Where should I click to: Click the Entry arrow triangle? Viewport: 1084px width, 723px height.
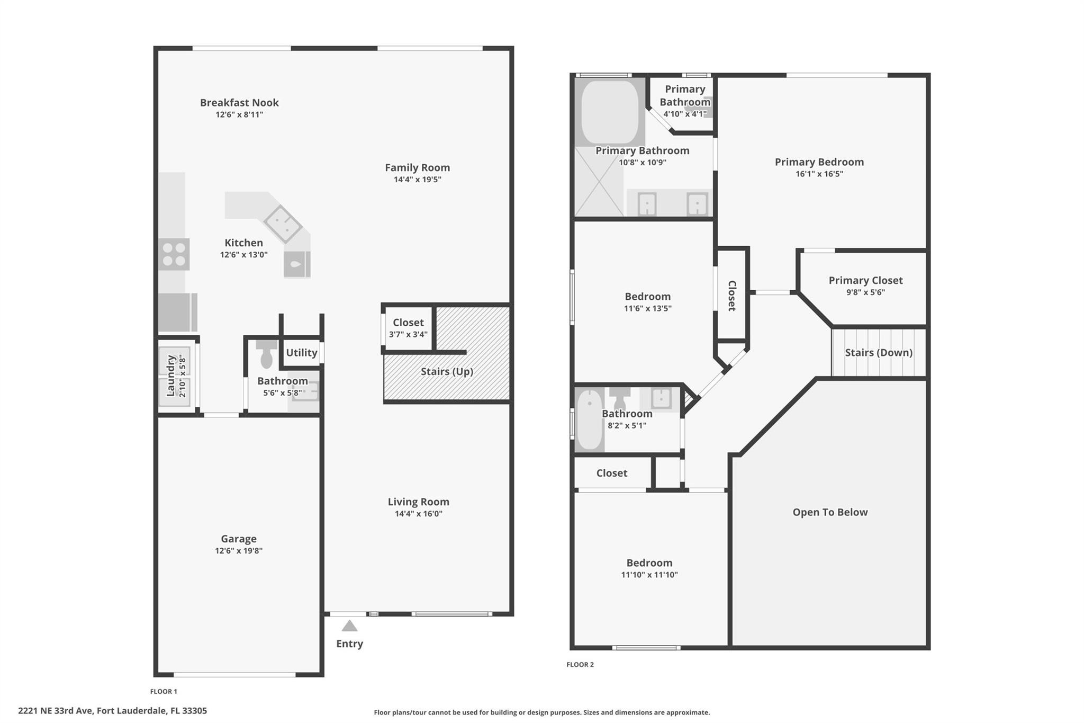pos(349,626)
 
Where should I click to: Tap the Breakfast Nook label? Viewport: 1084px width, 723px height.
pos(239,103)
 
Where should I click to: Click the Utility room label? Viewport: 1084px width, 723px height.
pos(301,353)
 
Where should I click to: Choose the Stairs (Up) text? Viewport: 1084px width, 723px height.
pos(447,371)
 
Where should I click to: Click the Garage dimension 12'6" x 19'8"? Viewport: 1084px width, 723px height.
pos(239,551)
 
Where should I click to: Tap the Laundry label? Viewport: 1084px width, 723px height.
pos(170,376)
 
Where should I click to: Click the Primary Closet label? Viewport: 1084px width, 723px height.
pos(865,281)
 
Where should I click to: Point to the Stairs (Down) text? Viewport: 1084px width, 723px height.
pos(878,353)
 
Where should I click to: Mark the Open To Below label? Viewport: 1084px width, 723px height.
pos(830,512)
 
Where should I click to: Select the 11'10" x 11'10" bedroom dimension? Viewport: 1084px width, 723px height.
pos(649,575)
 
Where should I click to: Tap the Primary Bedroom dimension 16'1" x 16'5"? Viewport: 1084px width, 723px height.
pos(819,174)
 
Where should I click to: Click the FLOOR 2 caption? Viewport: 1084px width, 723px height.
pos(580,665)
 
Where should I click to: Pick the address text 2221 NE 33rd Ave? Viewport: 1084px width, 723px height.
pos(112,711)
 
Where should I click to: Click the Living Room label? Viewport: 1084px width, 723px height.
pos(418,502)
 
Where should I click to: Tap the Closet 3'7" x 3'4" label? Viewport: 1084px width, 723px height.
pos(408,323)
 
